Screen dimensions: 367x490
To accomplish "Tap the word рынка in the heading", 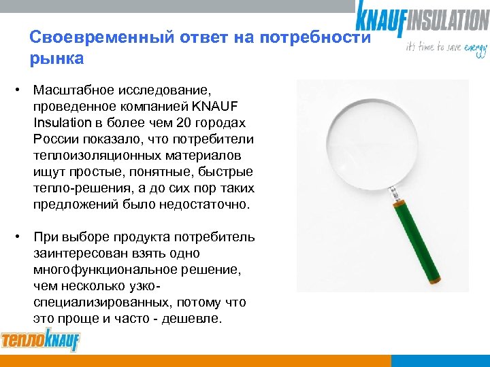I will coord(56,58).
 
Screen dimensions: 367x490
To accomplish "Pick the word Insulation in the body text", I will coord(61,123).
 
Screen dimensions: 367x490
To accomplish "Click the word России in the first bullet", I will coord(53,139).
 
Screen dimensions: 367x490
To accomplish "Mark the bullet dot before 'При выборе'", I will coord(22,237).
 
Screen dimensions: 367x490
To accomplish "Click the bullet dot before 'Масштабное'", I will coord(22,90).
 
